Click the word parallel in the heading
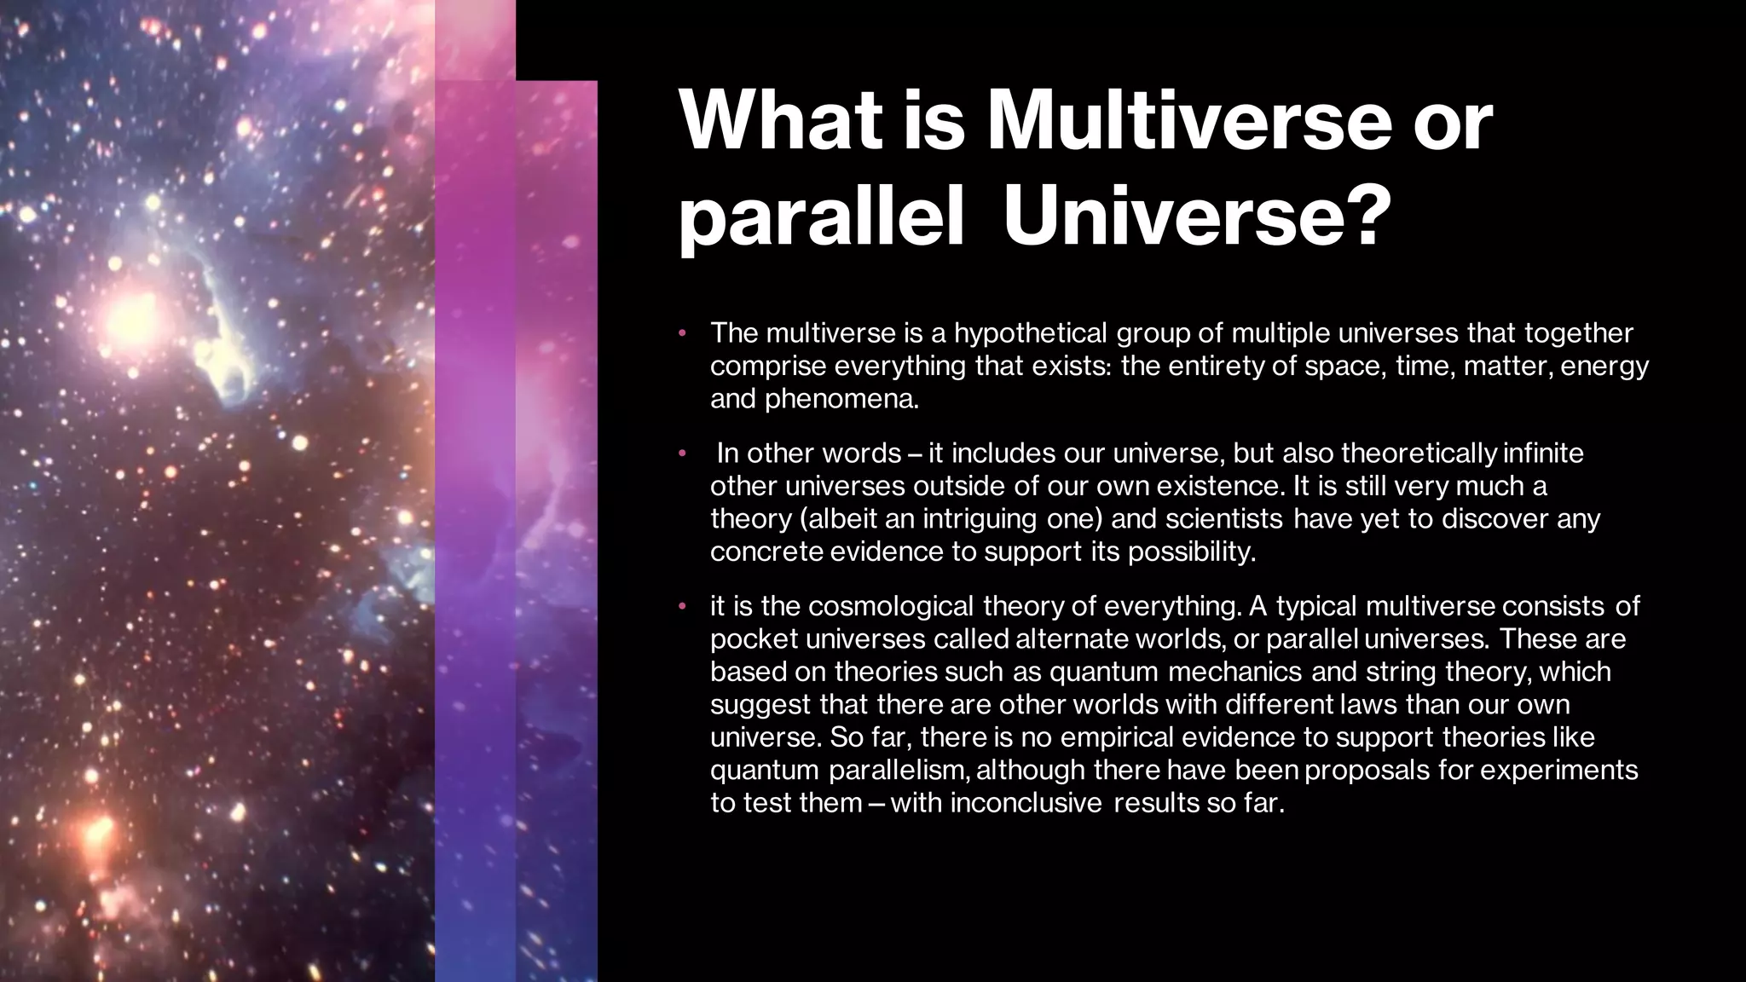tap(821, 220)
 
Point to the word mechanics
tap(1235, 672)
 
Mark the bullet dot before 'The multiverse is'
tap(682, 332)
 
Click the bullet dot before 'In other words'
tap(682, 453)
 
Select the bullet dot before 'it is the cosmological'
tap(682, 606)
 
